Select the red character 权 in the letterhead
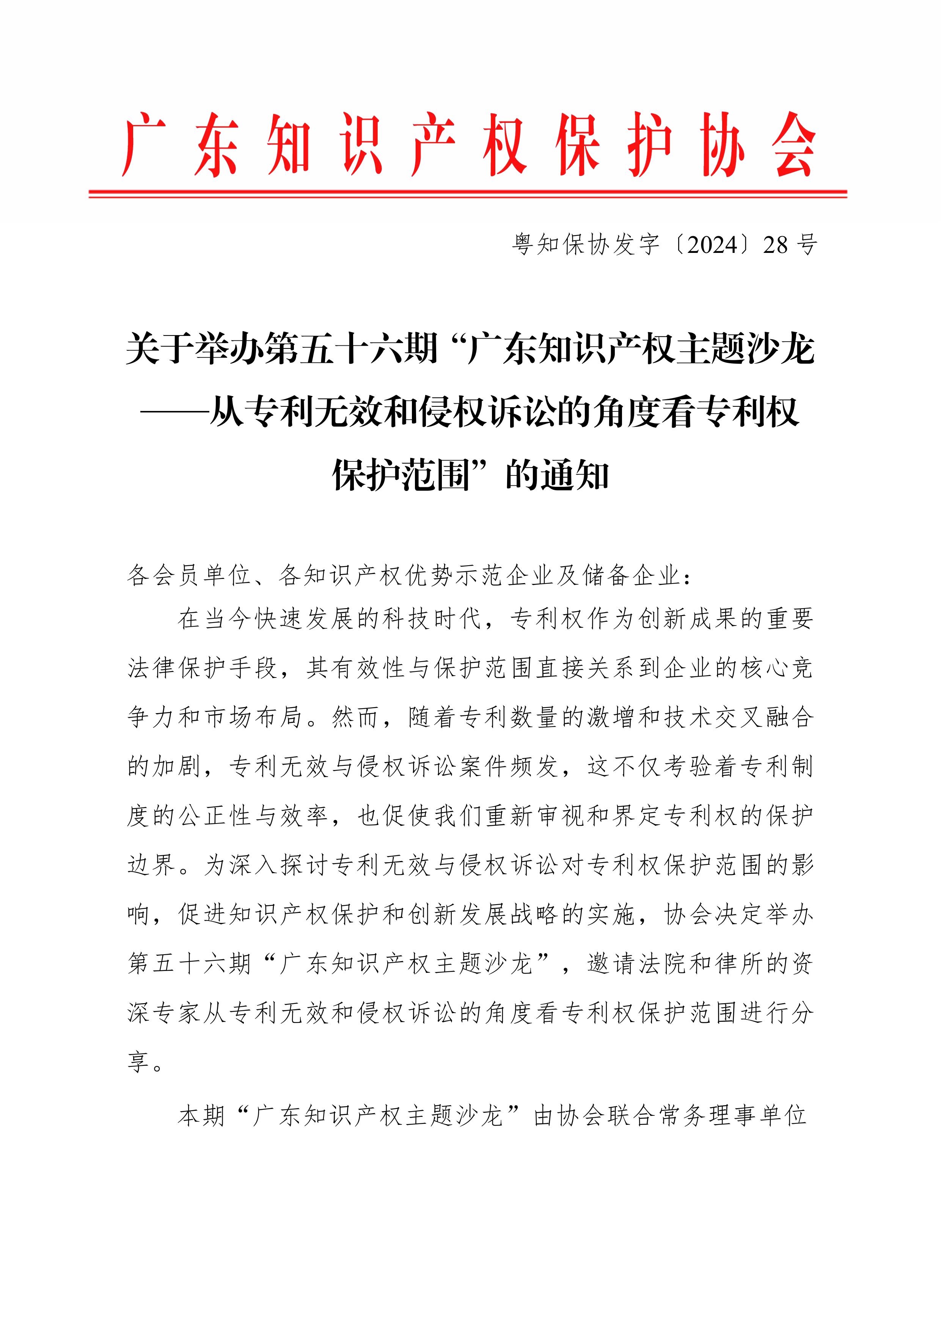tap(505, 145)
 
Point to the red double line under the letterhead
tap(468, 193)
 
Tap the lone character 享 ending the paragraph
tap(139, 1062)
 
